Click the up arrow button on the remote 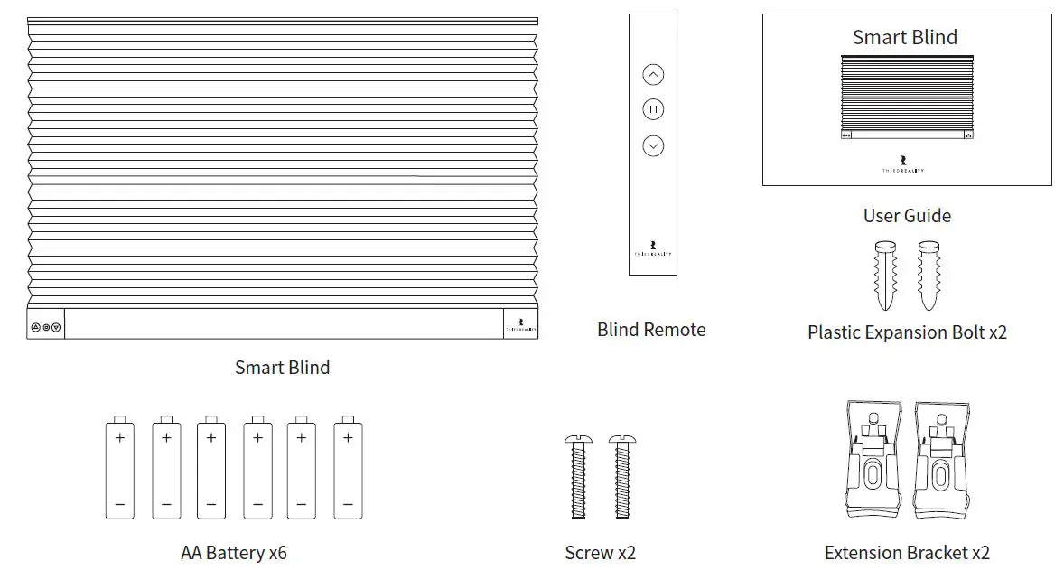pos(653,75)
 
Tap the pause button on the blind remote pos(653,109)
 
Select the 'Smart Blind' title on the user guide pos(904,37)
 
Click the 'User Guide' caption pos(907,216)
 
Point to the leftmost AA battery pos(119,468)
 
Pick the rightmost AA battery pos(348,468)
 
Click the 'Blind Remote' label pos(651,330)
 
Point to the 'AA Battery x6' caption pos(234,553)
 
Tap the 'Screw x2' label pos(600,553)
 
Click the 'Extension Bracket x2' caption pos(907,553)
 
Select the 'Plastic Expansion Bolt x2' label pos(907,332)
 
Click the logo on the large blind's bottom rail pos(520,325)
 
